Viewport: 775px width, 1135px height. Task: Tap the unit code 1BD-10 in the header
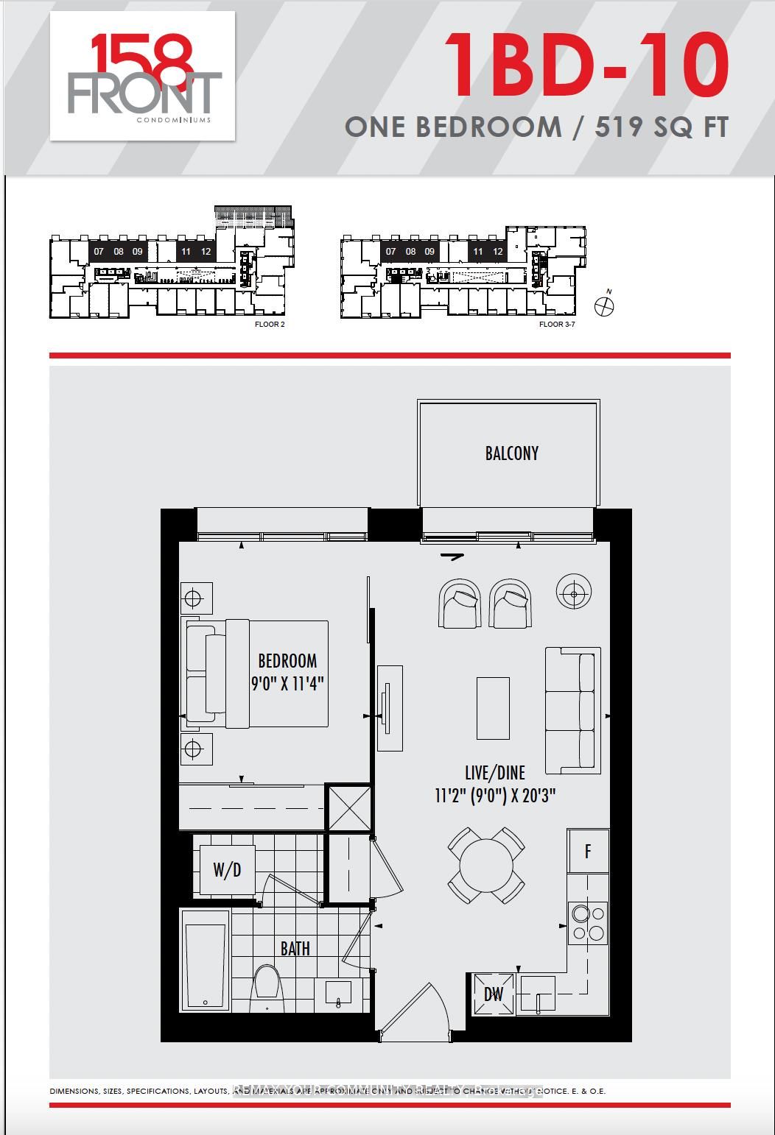pyautogui.click(x=586, y=67)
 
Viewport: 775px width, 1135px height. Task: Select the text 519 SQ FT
pyautogui.click(x=662, y=127)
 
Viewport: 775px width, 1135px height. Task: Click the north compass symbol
pyautogui.click(x=604, y=306)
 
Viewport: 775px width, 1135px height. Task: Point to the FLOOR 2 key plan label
pyautogui.click(x=269, y=325)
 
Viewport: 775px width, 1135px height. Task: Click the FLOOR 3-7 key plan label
pyautogui.click(x=556, y=325)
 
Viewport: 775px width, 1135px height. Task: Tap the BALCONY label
pyautogui.click(x=511, y=453)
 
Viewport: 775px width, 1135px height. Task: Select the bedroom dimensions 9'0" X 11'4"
pyautogui.click(x=287, y=683)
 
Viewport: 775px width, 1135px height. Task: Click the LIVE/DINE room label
pyautogui.click(x=494, y=772)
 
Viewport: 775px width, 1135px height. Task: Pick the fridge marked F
pyautogui.click(x=588, y=852)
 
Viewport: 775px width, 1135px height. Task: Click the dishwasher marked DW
pyautogui.click(x=493, y=994)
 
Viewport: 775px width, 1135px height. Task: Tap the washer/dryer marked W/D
pyautogui.click(x=227, y=870)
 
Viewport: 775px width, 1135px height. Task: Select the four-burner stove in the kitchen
pyautogui.click(x=588, y=923)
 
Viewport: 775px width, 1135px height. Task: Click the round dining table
pyautogui.click(x=486, y=865)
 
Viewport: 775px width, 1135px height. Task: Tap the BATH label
pyautogui.click(x=295, y=949)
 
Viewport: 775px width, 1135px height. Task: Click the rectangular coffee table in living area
pyautogui.click(x=493, y=708)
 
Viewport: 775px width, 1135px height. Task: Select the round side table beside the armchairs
pyautogui.click(x=574, y=591)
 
